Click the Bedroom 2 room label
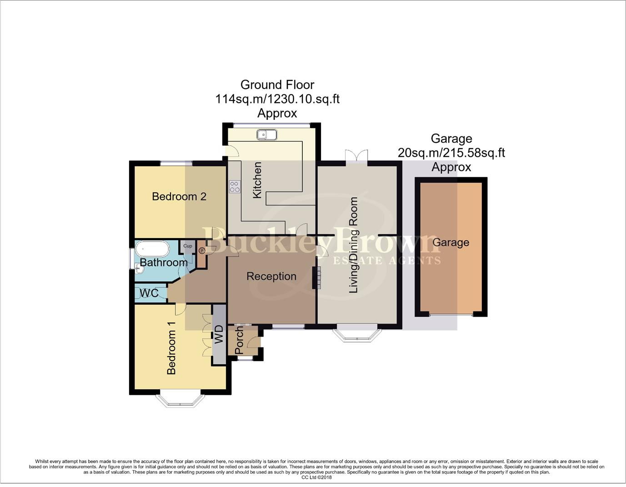(x=179, y=196)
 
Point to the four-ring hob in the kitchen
(x=235, y=187)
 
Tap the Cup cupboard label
(x=188, y=246)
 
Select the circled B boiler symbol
(x=202, y=250)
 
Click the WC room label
(x=149, y=293)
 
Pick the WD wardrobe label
(x=219, y=334)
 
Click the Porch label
(x=239, y=341)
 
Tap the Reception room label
(x=271, y=276)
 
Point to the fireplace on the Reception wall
(x=315, y=277)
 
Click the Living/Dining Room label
(x=353, y=245)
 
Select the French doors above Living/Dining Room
(x=356, y=157)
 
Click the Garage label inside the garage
(x=451, y=243)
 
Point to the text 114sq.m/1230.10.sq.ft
(x=277, y=99)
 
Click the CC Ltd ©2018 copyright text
(x=316, y=477)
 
